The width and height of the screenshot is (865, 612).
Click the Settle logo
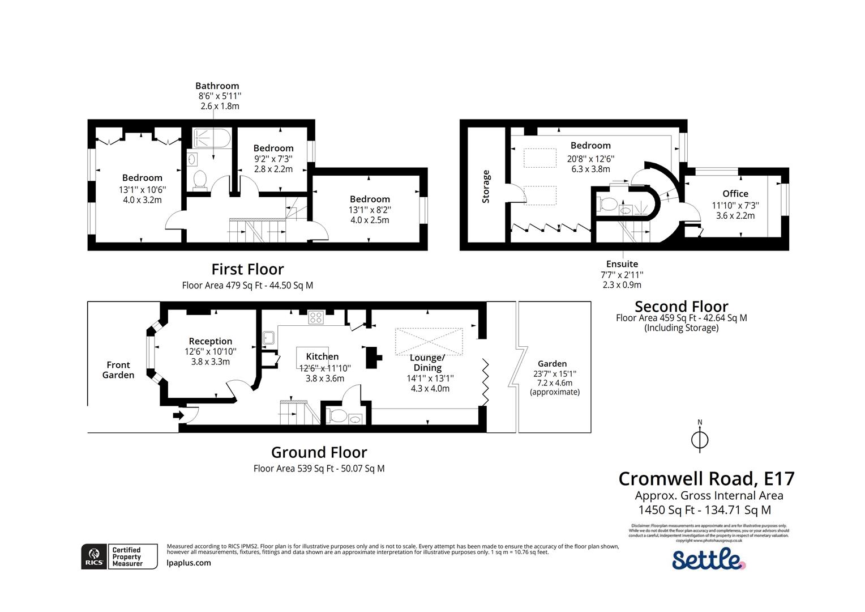[708, 559]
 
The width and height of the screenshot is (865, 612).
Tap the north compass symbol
[700, 439]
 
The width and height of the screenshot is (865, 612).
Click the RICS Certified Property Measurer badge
[119, 556]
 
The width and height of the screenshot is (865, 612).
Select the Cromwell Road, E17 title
[706, 478]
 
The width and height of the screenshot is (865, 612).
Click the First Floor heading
[247, 269]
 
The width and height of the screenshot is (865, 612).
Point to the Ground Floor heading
[319, 452]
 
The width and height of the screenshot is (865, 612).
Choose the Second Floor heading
[681, 307]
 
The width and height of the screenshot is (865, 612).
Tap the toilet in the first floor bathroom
[199, 179]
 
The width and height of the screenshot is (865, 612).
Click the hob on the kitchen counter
[315, 318]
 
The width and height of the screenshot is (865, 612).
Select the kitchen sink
[268, 338]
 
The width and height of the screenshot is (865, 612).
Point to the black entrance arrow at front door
[178, 415]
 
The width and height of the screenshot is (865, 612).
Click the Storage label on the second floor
[486, 186]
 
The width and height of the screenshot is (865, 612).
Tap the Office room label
[735, 194]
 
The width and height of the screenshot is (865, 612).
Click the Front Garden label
[118, 370]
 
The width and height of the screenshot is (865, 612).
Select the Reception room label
[210, 341]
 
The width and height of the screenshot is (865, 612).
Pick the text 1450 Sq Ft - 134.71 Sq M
[704, 510]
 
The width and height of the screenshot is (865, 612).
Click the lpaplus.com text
[189, 563]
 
